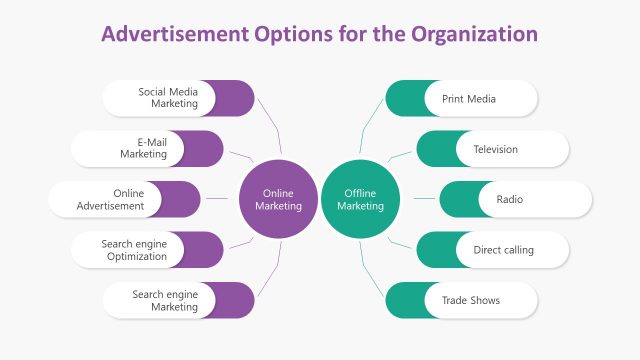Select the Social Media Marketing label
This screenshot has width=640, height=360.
click(x=168, y=98)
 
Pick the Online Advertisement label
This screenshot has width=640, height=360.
click(x=110, y=200)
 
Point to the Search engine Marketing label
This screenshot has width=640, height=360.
click(x=165, y=300)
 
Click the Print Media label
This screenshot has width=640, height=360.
click(x=468, y=99)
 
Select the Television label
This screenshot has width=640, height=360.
click(x=495, y=149)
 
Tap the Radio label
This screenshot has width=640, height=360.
click(x=510, y=200)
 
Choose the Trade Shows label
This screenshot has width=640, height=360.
click(x=470, y=300)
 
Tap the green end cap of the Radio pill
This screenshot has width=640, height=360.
click(x=456, y=200)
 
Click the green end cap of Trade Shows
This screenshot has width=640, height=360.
click(x=402, y=300)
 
